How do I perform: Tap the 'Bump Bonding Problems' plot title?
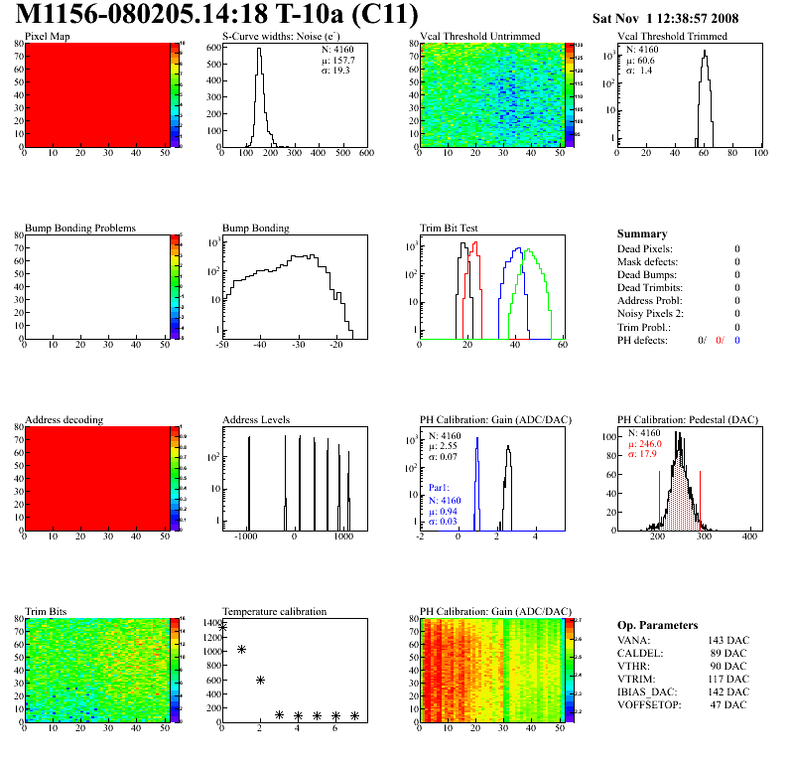pyautogui.click(x=80, y=228)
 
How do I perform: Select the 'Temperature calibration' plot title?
pyautogui.click(x=274, y=611)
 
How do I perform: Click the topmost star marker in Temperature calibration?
pyautogui.click(x=222, y=627)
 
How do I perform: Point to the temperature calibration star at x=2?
pyautogui.click(x=260, y=680)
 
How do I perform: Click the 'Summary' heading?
pyautogui.click(x=642, y=233)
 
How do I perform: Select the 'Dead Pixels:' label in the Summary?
pyautogui.click(x=645, y=248)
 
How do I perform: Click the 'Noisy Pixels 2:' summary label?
pyautogui.click(x=651, y=313)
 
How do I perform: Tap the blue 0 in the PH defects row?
pyautogui.click(x=737, y=340)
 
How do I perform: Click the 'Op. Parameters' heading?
pyautogui.click(x=657, y=625)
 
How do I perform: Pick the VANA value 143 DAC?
pyautogui.click(x=727, y=640)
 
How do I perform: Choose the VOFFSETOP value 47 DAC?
pyautogui.click(x=730, y=704)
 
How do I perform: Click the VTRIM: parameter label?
pyautogui.click(x=635, y=679)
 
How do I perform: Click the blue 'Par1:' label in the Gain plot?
pyautogui.click(x=441, y=488)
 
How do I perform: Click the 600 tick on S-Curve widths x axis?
pyautogui.click(x=365, y=154)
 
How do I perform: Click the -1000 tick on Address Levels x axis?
pyautogui.click(x=246, y=537)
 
